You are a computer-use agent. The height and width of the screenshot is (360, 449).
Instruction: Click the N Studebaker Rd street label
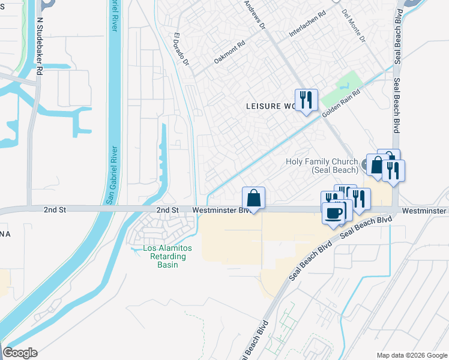(40, 46)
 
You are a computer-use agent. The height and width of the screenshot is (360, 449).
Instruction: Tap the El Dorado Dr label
(181, 49)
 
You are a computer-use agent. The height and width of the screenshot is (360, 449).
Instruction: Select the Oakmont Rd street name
(230, 57)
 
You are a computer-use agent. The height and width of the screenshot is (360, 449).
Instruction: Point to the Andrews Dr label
(255, 14)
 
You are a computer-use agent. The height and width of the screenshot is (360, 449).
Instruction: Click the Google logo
(20, 353)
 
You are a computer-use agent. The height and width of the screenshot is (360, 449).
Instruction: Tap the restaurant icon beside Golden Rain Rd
(306, 100)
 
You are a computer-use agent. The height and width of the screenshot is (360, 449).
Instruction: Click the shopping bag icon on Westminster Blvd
(253, 198)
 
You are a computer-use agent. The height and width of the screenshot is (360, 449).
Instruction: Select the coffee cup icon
(333, 213)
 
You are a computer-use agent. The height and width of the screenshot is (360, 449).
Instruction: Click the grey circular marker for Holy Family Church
(364, 163)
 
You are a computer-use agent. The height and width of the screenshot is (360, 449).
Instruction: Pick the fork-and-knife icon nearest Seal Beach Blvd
(394, 170)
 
